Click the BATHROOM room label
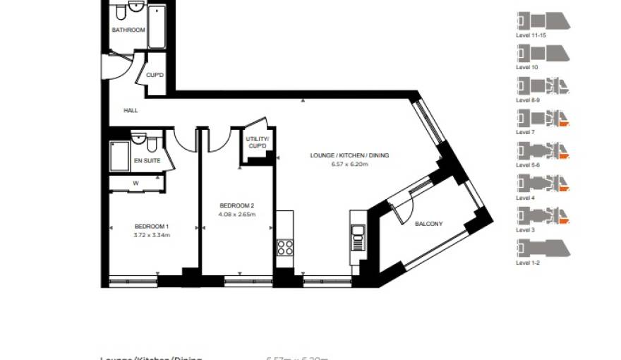pyautogui.click(x=128, y=30)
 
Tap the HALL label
pyautogui.click(x=131, y=111)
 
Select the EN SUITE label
pyautogui.click(x=147, y=161)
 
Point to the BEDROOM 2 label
pyautogui.click(x=236, y=205)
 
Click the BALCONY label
pyautogui.click(x=429, y=224)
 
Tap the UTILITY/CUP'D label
pyautogui.click(x=257, y=143)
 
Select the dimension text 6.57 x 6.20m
pyautogui.click(x=349, y=163)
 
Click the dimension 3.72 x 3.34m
pyautogui.click(x=152, y=234)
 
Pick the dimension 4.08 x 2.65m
pyautogui.click(x=236, y=213)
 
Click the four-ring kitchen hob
pyautogui.click(x=285, y=247)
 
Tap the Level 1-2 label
pyautogui.click(x=526, y=263)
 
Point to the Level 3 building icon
pyautogui.click(x=543, y=215)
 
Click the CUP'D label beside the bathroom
pyautogui.click(x=155, y=76)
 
